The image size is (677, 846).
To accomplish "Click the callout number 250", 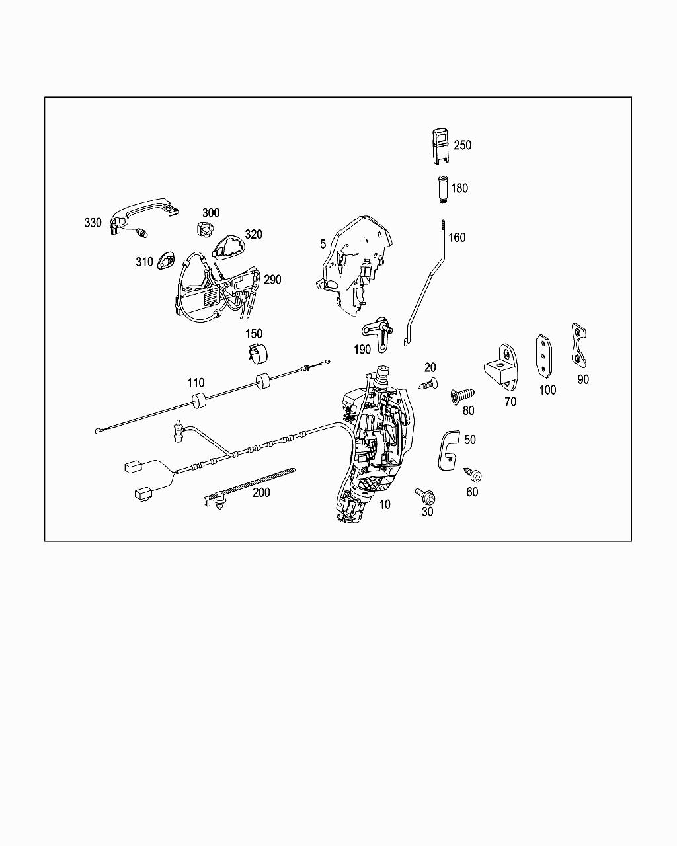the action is (x=463, y=145).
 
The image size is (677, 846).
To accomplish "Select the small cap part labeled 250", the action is (x=438, y=145).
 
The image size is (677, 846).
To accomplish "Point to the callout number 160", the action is (x=457, y=237).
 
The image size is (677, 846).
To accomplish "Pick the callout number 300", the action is (x=211, y=212).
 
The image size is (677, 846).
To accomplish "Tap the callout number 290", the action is (x=272, y=279).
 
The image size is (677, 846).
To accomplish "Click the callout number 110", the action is (x=196, y=383).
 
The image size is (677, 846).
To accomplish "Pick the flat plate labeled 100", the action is (x=543, y=355).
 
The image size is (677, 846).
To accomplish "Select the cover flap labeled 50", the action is (x=449, y=449).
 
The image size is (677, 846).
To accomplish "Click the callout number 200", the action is (x=261, y=492).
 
